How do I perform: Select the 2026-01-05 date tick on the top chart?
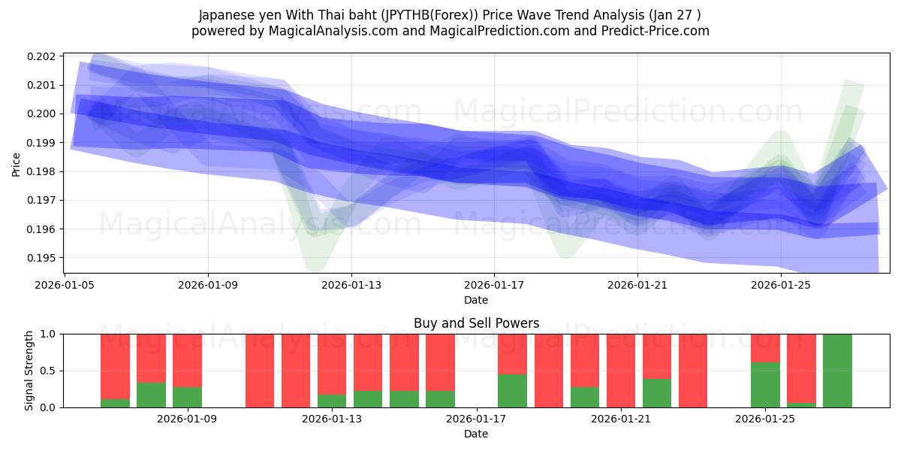tap(64, 286)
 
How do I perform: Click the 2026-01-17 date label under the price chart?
tap(494, 286)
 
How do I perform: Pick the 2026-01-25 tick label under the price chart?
tap(782, 286)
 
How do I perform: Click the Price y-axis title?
tap(17, 163)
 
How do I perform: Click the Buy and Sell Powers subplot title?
tap(476, 323)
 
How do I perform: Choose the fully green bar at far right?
tap(837, 371)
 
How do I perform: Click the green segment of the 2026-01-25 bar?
tap(765, 385)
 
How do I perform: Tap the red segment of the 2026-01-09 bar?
tap(187, 360)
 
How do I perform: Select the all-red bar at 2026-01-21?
tap(621, 371)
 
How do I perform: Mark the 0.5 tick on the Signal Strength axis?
tap(49, 371)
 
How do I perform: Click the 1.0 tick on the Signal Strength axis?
tap(49, 334)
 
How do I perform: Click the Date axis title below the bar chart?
tap(476, 434)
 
